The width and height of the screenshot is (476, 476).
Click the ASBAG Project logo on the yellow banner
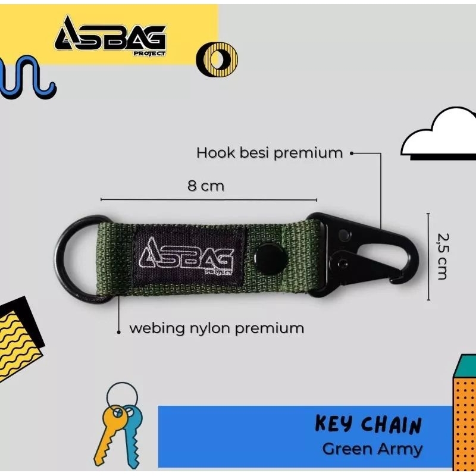110,36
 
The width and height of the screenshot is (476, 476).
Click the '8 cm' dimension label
206,186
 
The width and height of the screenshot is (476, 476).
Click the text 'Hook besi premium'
270,153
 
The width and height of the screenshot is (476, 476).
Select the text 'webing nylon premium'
217,328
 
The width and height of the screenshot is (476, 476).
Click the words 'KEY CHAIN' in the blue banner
368,425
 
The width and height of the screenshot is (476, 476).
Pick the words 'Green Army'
372,449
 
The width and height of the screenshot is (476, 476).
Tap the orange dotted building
465,416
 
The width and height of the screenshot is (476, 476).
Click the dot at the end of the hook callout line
352,153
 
